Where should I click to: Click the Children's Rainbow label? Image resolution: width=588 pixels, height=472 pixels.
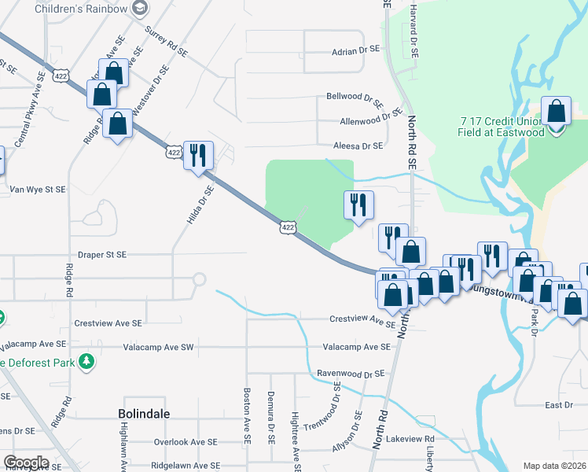point(80,8)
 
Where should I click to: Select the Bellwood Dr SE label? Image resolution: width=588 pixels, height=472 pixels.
point(355,98)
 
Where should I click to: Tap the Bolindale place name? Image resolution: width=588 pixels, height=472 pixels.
point(144,413)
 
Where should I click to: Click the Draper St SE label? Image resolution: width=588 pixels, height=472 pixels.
point(102,255)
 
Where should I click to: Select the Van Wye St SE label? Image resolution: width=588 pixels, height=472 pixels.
point(38,190)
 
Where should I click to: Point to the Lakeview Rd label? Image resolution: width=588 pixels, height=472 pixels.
point(410,438)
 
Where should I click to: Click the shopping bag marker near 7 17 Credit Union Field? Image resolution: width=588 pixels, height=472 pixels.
point(557,112)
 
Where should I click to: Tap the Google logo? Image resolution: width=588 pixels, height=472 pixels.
point(25,463)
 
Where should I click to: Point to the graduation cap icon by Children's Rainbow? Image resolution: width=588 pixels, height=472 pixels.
point(141,8)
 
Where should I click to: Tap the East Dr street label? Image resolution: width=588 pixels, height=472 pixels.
point(558,404)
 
